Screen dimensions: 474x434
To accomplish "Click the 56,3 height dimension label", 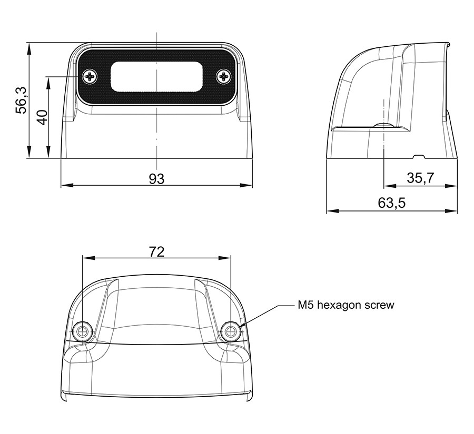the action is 22,100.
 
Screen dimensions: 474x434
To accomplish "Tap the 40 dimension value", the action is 42,117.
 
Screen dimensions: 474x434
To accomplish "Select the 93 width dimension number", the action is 156,179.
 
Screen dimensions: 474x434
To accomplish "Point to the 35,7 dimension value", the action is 420,178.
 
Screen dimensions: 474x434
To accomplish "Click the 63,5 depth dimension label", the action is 391,203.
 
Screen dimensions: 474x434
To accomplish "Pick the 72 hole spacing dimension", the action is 156,251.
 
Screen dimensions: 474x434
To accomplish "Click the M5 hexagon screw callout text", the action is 346,305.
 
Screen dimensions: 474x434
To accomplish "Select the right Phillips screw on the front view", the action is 224,77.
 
